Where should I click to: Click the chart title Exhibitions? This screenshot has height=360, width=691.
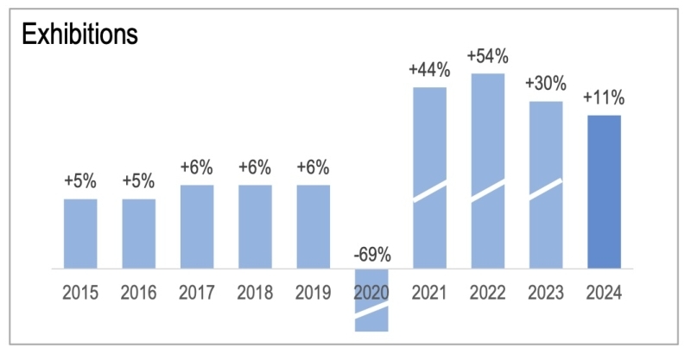point(79,34)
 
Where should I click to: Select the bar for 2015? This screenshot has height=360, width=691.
point(80,234)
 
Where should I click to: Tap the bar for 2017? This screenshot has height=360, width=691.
point(197,227)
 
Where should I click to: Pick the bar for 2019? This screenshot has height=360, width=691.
point(314,227)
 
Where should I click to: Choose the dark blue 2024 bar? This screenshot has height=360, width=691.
point(604,192)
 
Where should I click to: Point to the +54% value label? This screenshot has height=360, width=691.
point(487,57)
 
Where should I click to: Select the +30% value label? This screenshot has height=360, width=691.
point(545,85)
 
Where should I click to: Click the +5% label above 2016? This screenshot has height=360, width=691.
point(138,182)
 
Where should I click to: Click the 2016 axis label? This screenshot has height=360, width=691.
point(138,293)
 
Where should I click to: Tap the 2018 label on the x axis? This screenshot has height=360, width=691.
point(255,293)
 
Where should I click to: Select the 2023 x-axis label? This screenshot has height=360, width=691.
point(545,293)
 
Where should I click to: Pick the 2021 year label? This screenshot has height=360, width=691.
point(429,293)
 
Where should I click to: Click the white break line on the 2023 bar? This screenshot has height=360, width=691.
point(545,190)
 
